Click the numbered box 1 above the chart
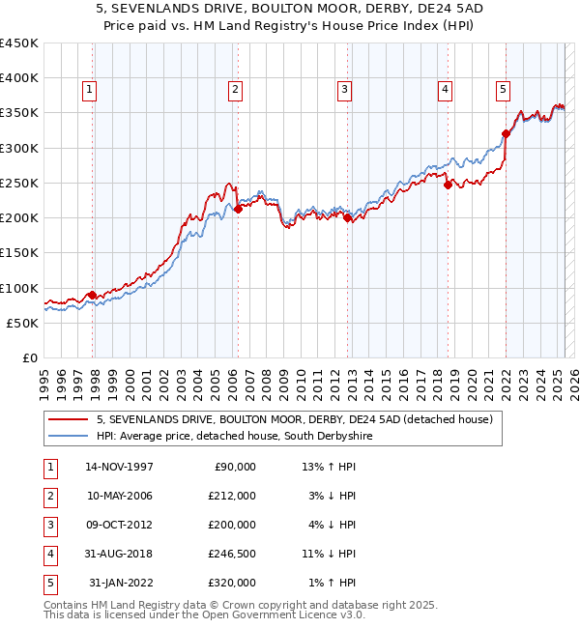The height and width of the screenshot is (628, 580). (x=89, y=90)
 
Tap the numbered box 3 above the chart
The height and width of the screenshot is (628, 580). (x=344, y=90)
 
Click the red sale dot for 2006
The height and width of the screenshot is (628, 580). (x=238, y=208)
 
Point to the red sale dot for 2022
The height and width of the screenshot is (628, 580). (x=506, y=133)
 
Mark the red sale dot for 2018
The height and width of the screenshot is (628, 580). (x=448, y=186)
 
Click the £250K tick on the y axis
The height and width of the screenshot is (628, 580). (x=19, y=183)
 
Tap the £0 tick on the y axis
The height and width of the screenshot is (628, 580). (x=29, y=357)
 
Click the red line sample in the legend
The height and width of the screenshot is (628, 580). (x=68, y=419)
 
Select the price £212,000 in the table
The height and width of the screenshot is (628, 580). (x=232, y=496)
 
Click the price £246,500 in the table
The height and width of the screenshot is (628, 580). (x=232, y=554)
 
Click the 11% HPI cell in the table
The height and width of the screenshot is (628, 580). (x=329, y=554)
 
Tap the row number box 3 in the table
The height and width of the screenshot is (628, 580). (x=47, y=525)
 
